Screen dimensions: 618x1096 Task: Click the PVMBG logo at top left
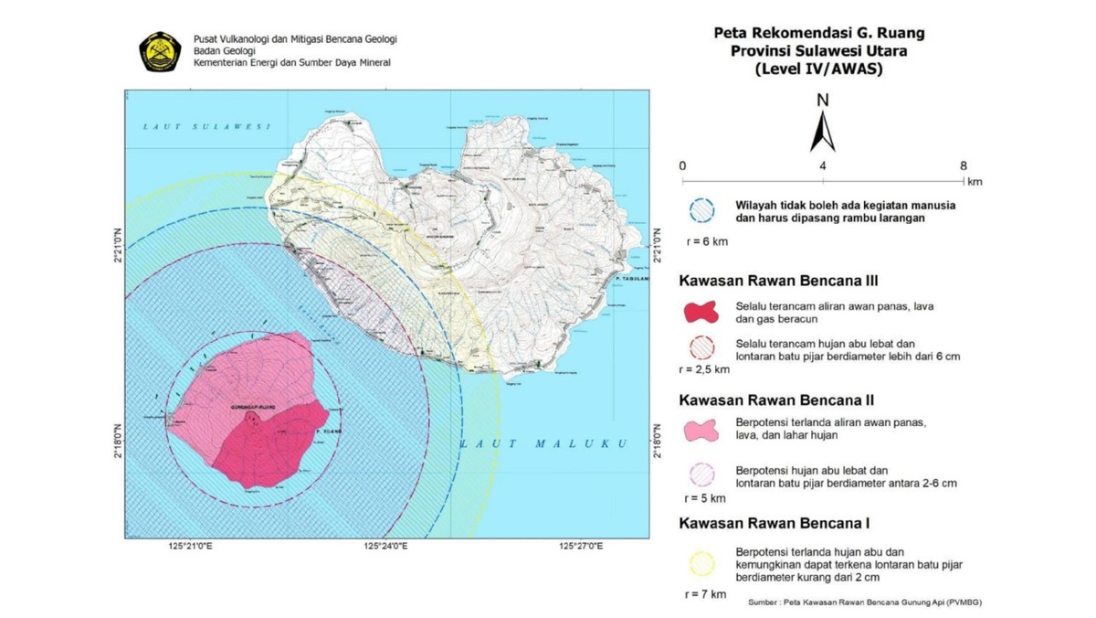(x=160, y=52)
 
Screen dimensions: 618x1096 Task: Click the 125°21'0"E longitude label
(x=190, y=547)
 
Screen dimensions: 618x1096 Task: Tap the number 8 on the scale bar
(x=963, y=165)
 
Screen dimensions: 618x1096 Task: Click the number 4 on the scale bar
(x=822, y=165)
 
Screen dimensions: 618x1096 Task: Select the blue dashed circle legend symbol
(x=701, y=209)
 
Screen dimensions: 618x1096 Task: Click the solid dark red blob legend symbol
(x=701, y=309)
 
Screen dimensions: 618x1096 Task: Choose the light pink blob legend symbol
(x=701, y=429)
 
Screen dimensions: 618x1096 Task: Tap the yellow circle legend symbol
(x=701, y=564)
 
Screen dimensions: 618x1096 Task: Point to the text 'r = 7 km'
(x=705, y=594)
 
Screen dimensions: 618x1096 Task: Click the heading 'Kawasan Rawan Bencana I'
(x=772, y=524)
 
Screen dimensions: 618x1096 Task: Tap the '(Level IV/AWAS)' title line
(x=818, y=69)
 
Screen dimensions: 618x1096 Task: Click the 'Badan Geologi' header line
(x=224, y=51)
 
